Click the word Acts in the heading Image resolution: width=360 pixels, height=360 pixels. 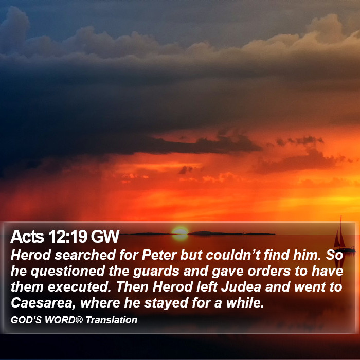27,237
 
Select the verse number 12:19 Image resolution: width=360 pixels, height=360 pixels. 68,237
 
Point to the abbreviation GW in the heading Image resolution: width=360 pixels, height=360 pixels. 105,237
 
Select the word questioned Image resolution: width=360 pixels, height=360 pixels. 68,271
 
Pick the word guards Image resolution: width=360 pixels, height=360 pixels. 156,272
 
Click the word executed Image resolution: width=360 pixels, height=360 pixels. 79,287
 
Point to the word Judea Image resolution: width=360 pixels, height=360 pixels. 241,287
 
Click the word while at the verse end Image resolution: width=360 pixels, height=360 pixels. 245,303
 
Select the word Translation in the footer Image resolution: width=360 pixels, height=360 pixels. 112,320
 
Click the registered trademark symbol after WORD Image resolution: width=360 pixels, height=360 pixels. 79,320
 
